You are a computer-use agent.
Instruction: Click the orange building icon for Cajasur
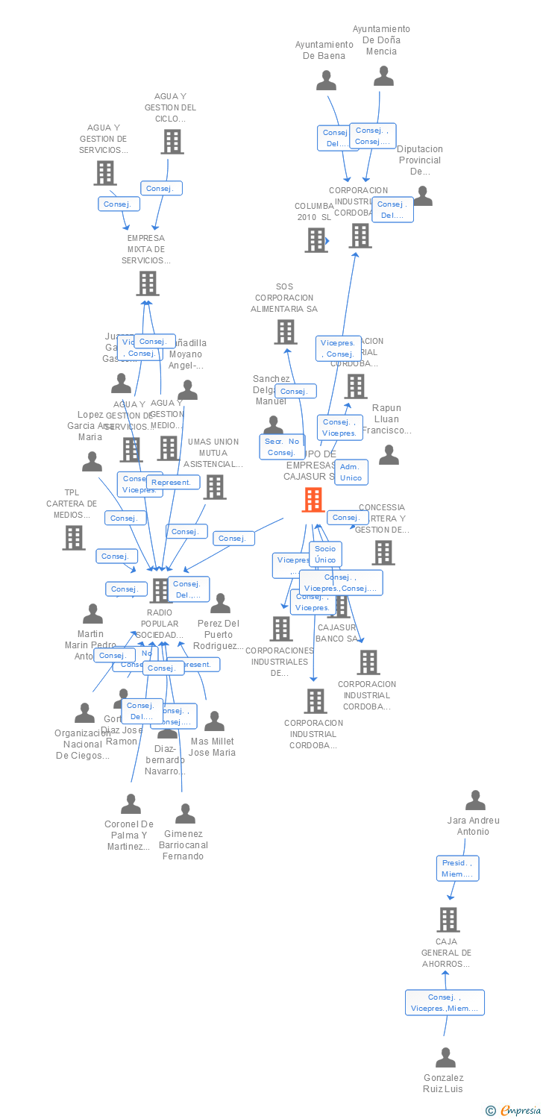[313, 500]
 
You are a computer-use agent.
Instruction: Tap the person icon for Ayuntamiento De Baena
[326, 81]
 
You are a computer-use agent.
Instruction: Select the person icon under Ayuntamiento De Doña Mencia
[383, 76]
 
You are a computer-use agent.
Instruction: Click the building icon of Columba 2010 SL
[316, 240]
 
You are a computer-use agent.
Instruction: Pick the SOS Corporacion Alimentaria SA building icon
[285, 332]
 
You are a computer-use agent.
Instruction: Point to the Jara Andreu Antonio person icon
[475, 800]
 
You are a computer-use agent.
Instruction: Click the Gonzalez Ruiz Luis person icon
[445, 1058]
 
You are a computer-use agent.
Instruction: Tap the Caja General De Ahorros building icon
[448, 919]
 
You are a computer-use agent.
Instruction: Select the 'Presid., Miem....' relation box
[457, 868]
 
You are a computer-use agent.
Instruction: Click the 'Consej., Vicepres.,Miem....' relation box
[445, 1003]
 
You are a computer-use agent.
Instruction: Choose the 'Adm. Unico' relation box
[351, 472]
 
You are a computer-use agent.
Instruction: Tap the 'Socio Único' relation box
[325, 554]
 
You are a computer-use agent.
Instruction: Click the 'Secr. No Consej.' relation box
[282, 447]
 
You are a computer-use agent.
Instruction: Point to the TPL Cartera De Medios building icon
[74, 537]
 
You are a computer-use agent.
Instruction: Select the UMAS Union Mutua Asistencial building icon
[215, 486]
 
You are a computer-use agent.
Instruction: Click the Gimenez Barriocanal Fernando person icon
[185, 814]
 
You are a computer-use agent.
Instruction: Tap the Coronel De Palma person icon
[131, 804]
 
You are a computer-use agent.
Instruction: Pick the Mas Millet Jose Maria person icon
[215, 721]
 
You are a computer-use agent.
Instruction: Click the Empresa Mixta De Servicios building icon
[148, 283]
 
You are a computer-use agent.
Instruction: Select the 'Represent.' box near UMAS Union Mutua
[173, 482]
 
